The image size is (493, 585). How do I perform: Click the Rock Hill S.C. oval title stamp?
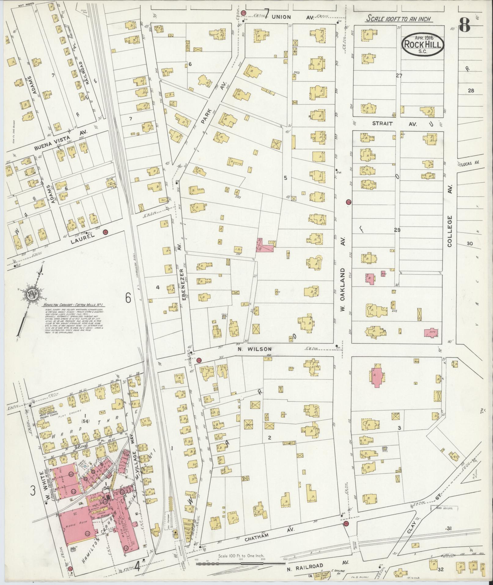point(423,45)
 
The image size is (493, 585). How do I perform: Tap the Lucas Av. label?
point(468,164)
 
